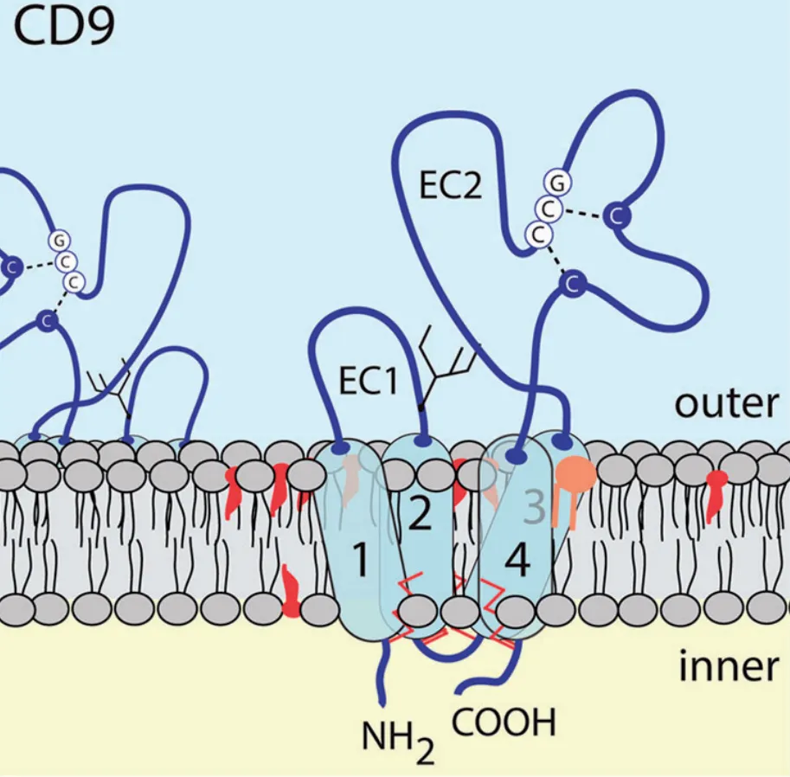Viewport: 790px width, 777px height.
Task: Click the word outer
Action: pos(726,403)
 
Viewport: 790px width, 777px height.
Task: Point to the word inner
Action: pos(727,667)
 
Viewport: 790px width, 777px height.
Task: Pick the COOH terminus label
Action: pos(504,722)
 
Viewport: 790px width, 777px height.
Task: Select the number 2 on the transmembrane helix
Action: pos(419,516)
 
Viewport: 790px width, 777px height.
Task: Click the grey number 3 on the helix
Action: pos(535,511)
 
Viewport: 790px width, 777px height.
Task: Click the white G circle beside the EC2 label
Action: pos(557,183)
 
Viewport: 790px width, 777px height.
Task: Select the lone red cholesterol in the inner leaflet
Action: pos(292,590)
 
